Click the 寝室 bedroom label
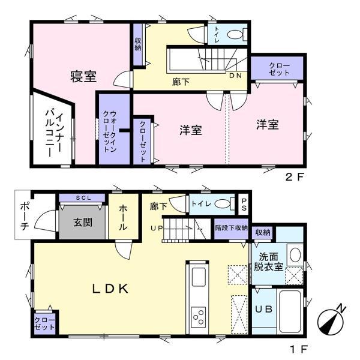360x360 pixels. pyautogui.click(x=83, y=76)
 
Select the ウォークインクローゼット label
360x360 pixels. pyautogui.click(x=110, y=131)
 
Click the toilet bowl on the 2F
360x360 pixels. pyautogui.click(x=235, y=35)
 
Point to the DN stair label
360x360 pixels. pyautogui.click(x=236, y=76)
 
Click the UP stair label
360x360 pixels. pyautogui.click(x=157, y=228)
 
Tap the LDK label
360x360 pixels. pyautogui.click(x=110, y=289)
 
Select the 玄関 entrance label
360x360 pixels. pyautogui.click(x=83, y=222)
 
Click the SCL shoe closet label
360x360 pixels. pyautogui.click(x=83, y=197)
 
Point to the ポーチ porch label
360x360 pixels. pyautogui.click(x=25, y=216)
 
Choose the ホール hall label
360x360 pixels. pyautogui.click(x=123, y=217)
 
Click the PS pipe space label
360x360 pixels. pyautogui.click(x=244, y=205)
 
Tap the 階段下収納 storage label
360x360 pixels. pyautogui.click(x=231, y=228)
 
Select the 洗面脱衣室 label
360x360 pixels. pyautogui.click(x=268, y=262)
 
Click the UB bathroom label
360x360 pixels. pyautogui.click(x=264, y=309)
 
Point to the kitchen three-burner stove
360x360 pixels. pyautogui.click(x=199, y=317)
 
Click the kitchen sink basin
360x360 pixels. pyautogui.click(x=199, y=277)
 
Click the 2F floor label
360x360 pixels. pyautogui.click(x=295, y=177)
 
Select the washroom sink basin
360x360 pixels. pyautogui.click(x=295, y=254)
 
